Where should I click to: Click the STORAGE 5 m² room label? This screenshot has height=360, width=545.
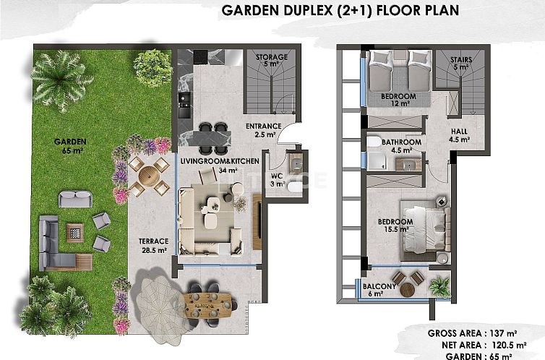272,61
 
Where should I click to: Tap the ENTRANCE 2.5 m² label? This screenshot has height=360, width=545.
263,130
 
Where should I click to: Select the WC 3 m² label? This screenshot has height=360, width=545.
278,180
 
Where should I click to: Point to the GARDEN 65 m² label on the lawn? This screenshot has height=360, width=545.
70,146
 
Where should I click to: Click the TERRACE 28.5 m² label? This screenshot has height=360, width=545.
154,245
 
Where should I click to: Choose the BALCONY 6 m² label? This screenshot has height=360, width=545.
379,290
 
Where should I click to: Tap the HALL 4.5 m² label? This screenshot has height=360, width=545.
459,135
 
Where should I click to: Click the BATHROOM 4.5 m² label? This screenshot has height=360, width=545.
401,146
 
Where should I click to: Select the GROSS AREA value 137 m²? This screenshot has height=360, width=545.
503,333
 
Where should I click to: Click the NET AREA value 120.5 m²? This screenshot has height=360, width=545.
509,345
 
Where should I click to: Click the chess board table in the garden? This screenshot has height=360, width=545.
75,233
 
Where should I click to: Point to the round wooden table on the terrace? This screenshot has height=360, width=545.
149,176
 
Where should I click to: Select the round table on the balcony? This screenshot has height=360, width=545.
408,289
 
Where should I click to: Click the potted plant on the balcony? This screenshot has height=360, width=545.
439,287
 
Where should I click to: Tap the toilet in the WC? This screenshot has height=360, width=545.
295,187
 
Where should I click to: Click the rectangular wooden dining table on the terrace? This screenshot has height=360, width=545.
208,306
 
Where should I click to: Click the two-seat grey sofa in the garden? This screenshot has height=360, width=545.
75,199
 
